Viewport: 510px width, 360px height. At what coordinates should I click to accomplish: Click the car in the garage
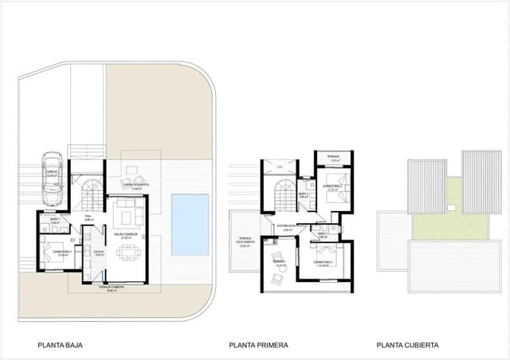[x=52, y=173]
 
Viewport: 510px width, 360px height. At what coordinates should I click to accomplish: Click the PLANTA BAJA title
[x=61, y=346]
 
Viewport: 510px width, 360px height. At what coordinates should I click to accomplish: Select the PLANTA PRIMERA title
[x=258, y=346]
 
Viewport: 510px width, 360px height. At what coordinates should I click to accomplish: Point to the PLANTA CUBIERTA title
[x=407, y=346]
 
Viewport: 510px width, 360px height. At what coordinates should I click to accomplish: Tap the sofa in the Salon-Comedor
[x=125, y=213]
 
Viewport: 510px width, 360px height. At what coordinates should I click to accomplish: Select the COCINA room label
[x=99, y=252]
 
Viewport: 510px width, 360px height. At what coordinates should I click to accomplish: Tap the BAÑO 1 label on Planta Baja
[x=55, y=219]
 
